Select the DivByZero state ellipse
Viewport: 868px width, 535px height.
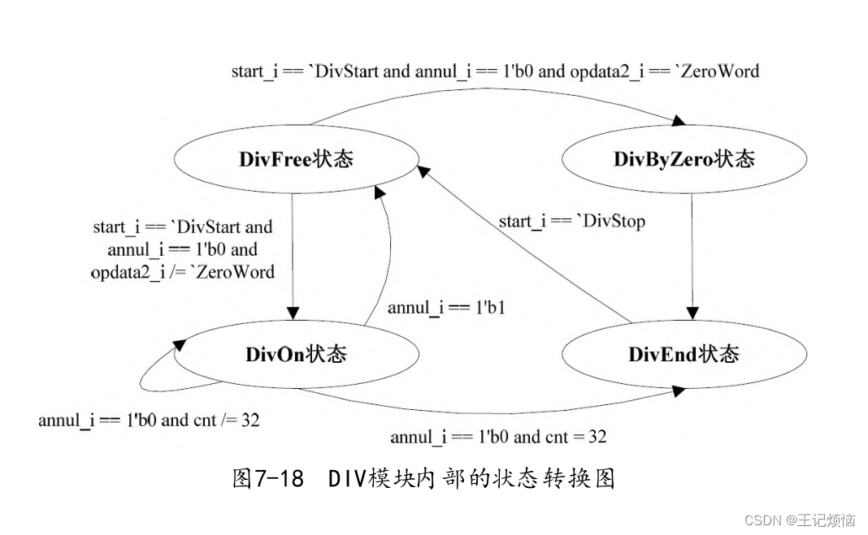(684, 159)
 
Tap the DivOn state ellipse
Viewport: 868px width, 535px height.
(296, 355)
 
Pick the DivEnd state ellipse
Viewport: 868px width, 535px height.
(684, 355)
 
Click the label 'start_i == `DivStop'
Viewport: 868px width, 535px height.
(571, 221)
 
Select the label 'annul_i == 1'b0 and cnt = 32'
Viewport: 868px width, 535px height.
(497, 437)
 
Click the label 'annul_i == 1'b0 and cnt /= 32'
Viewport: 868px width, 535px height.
(149, 421)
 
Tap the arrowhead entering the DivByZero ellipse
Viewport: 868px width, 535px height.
(678, 121)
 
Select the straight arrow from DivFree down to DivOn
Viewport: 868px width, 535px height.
(293, 252)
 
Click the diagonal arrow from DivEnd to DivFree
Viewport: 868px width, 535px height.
(528, 244)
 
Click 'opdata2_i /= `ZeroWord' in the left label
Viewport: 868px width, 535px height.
(182, 272)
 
